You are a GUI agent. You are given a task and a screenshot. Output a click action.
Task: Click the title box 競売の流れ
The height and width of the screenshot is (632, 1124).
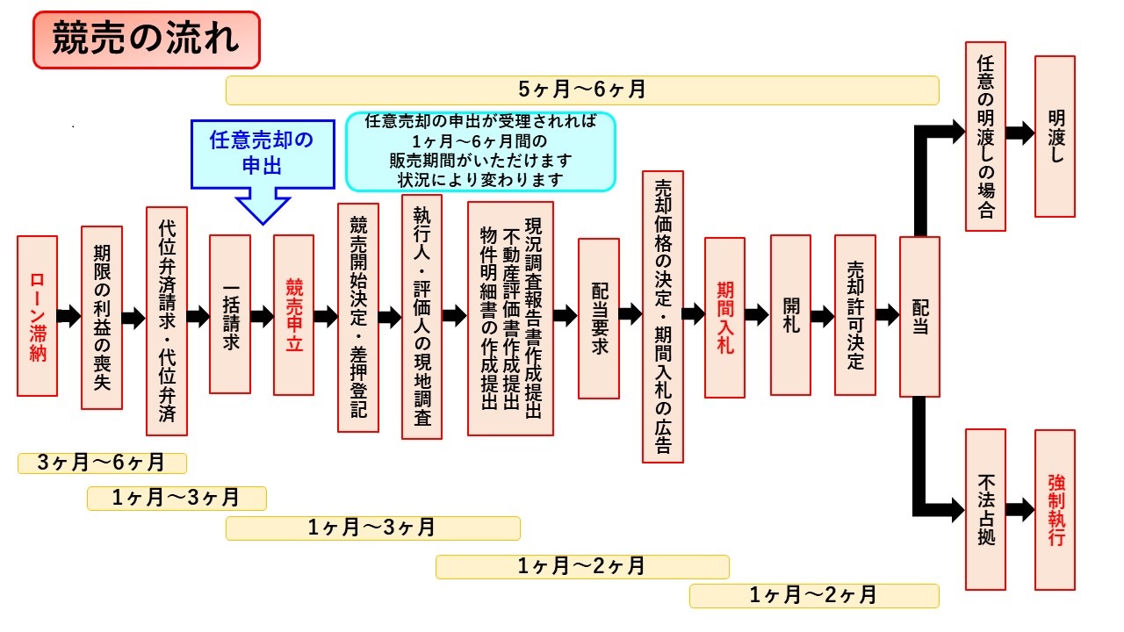point(147,40)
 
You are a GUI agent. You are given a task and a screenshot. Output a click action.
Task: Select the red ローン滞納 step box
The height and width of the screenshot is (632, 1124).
point(37,316)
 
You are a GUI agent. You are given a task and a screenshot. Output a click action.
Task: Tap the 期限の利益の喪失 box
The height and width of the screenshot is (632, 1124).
point(102,317)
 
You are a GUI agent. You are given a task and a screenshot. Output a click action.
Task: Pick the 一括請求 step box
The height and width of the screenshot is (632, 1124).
point(230,314)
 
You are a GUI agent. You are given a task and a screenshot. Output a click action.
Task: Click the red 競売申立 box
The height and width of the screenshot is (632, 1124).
point(293,314)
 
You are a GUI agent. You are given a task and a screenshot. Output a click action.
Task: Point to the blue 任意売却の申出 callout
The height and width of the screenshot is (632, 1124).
point(263,154)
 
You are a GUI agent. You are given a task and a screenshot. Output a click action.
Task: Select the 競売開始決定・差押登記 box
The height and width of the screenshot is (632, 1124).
point(358,318)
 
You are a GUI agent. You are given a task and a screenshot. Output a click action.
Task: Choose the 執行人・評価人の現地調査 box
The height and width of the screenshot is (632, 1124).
point(421,317)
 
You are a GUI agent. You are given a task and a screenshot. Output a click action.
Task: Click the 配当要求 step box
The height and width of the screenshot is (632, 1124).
point(599,319)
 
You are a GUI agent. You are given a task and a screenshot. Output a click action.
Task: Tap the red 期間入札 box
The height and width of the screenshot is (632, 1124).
point(724,318)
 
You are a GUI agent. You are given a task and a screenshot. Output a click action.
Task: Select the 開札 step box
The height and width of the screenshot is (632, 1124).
point(790,314)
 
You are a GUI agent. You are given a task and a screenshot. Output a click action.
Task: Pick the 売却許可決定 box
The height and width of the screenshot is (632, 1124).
point(855,314)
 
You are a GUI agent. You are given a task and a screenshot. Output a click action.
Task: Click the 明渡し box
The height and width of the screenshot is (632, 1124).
point(1055,136)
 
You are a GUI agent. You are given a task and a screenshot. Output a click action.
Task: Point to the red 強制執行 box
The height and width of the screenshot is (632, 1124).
point(1055,509)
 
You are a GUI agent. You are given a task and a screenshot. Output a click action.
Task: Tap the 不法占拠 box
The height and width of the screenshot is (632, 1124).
point(985,509)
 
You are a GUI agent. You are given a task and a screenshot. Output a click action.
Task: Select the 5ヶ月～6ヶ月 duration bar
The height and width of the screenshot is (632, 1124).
point(582,90)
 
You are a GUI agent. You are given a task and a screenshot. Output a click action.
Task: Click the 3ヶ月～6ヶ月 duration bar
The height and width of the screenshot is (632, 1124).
point(102,463)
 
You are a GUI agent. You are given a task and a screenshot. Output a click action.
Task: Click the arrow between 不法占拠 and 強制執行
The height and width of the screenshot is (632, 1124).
point(1020,508)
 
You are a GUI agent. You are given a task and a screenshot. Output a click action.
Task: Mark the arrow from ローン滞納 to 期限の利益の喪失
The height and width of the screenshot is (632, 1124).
point(69,317)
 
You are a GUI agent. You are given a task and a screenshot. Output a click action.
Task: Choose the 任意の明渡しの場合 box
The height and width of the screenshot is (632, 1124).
point(985,136)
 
